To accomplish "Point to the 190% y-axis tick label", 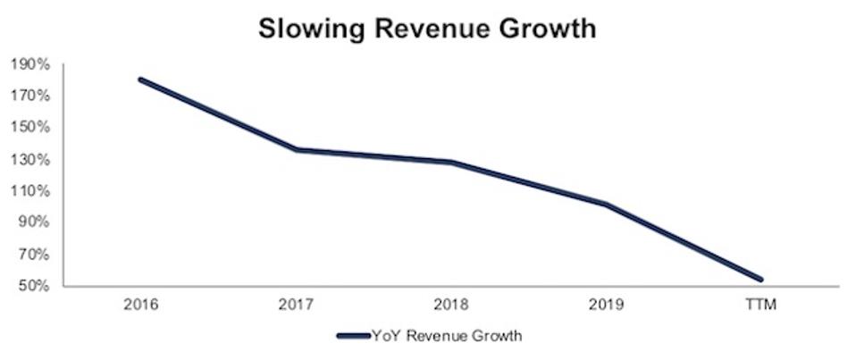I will (x=30, y=64).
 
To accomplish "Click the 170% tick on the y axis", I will (x=30, y=96).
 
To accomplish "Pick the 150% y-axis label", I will (x=30, y=127).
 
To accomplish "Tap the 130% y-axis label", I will (x=30, y=160).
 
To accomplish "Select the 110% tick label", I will (x=30, y=191).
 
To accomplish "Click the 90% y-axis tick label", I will (x=33, y=222).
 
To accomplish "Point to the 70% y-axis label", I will (x=33, y=255).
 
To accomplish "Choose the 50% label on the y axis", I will (x=33, y=287).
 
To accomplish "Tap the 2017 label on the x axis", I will (x=297, y=305).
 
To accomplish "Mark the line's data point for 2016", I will (x=141, y=80).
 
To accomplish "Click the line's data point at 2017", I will (x=297, y=149).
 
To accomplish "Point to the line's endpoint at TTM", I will (x=761, y=280).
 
